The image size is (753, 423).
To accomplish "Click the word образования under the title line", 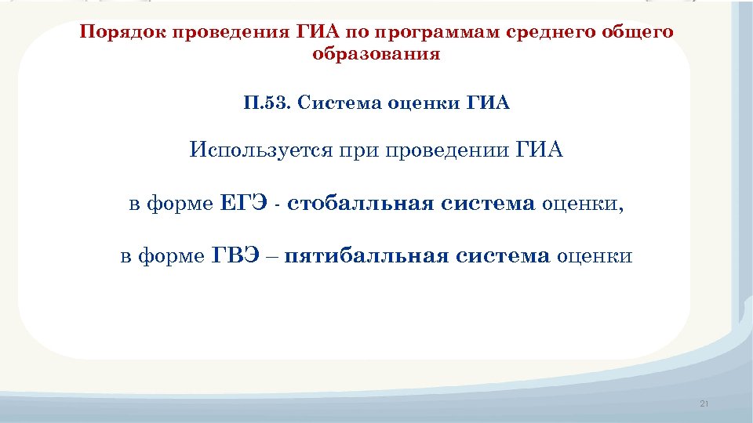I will (376, 55).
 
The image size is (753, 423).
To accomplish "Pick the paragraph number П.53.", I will (266, 103).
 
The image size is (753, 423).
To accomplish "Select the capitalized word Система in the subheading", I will (339, 103).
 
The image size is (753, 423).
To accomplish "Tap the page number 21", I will (703, 404).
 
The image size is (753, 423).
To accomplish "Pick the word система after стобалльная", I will (488, 205).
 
